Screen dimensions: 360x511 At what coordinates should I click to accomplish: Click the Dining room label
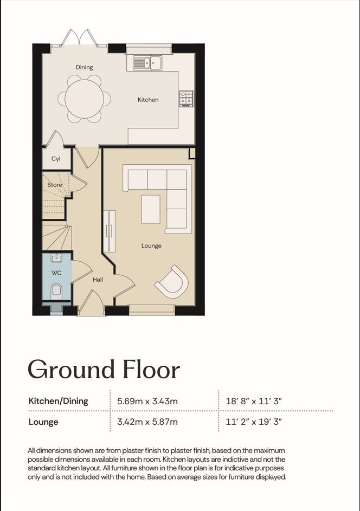(85, 67)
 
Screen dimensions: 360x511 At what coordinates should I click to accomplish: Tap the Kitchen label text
(148, 100)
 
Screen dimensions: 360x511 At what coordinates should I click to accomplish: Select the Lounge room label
(151, 245)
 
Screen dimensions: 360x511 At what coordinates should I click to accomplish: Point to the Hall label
(98, 279)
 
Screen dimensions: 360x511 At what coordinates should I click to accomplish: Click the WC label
(56, 273)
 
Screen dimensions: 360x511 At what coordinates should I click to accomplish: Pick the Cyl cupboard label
(56, 159)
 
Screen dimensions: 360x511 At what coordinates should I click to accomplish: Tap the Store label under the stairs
(54, 185)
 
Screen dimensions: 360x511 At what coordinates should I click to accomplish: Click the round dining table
(84, 99)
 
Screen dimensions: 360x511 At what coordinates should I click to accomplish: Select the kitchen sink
(147, 62)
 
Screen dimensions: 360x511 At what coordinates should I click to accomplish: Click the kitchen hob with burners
(186, 99)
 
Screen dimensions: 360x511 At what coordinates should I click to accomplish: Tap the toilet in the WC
(56, 290)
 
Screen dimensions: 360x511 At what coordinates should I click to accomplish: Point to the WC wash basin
(56, 258)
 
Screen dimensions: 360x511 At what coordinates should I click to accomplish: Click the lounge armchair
(172, 282)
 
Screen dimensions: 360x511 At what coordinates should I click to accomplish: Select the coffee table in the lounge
(151, 209)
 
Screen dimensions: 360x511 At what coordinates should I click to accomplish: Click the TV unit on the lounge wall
(109, 231)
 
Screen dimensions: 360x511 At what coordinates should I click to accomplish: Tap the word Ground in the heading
(72, 370)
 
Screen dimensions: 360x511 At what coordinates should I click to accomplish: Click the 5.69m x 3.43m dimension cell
(147, 401)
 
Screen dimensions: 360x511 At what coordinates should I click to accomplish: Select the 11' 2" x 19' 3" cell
(254, 422)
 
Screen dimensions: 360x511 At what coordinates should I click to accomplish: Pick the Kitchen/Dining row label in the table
(59, 401)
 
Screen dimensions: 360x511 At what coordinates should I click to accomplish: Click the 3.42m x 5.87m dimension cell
(147, 422)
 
